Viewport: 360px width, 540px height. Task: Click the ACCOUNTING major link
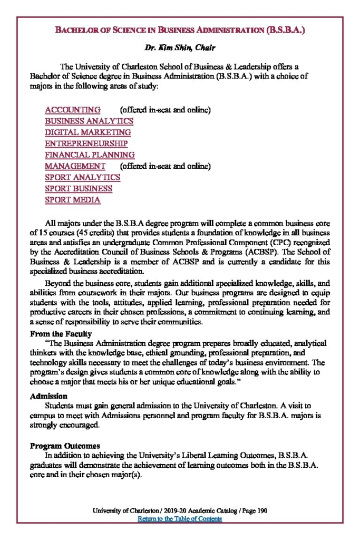pos(73,110)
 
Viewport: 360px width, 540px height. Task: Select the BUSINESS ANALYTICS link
pos(89,121)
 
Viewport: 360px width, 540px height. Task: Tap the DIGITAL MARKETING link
pos(88,132)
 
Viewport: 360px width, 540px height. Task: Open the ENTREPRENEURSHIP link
pos(86,143)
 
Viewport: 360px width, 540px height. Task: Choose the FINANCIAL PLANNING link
pos(90,155)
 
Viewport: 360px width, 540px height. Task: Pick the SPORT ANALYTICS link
pos(83,177)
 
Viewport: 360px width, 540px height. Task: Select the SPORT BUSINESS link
pos(79,189)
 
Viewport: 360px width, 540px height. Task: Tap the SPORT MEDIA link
pos(73,200)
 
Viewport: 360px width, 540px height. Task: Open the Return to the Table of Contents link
pos(180,519)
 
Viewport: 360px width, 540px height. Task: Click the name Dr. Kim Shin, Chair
pos(180,48)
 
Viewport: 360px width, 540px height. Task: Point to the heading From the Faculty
pos(61,334)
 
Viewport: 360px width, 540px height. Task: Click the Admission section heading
pos(48,396)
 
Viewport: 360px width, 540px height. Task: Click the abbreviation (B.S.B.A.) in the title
pos(285,31)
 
